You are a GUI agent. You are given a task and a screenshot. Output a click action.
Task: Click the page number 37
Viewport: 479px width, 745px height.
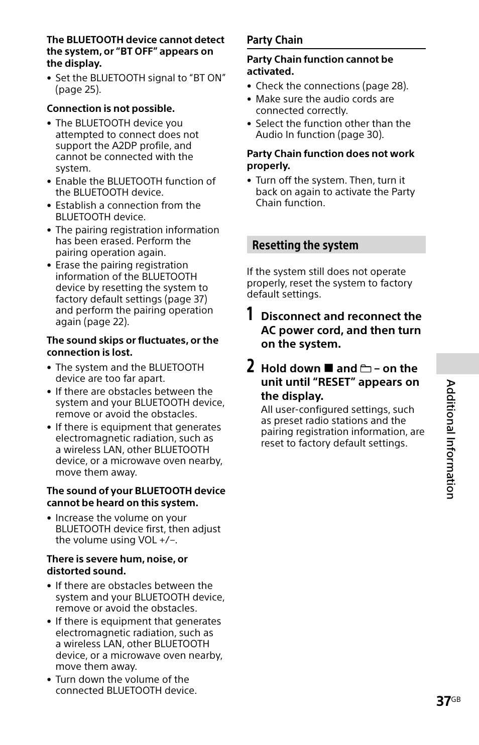tap(443, 701)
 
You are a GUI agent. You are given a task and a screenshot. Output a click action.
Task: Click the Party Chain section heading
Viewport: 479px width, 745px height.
tap(275, 40)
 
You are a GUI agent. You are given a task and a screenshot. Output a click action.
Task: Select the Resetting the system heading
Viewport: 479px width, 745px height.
tap(305, 245)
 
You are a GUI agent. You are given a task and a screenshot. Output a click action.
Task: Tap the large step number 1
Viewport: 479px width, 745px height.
tap(250, 315)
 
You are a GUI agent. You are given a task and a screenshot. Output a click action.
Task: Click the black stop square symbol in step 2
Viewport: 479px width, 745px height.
tap(328, 369)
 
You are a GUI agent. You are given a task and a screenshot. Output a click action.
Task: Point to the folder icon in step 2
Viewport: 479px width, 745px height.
tap(366, 369)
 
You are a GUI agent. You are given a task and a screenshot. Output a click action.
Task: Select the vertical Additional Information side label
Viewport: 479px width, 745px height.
tap(451, 439)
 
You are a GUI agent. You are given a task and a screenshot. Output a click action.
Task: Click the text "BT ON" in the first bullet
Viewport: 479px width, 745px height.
tap(208, 78)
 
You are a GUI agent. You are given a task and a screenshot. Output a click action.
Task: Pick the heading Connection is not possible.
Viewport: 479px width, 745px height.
tap(110, 109)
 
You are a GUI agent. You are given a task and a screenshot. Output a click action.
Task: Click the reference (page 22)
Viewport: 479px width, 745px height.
tap(106, 322)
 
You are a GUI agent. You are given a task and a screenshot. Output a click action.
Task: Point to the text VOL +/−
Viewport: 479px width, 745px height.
tap(158, 540)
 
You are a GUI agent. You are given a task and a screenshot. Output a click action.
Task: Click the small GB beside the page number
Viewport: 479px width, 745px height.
tap(456, 699)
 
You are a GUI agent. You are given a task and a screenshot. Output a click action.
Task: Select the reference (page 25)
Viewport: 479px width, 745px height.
tap(78, 90)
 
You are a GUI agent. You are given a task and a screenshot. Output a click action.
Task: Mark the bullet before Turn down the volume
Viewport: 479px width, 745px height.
tap(49, 680)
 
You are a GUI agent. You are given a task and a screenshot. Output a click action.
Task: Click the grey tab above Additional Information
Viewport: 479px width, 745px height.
tap(457, 364)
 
